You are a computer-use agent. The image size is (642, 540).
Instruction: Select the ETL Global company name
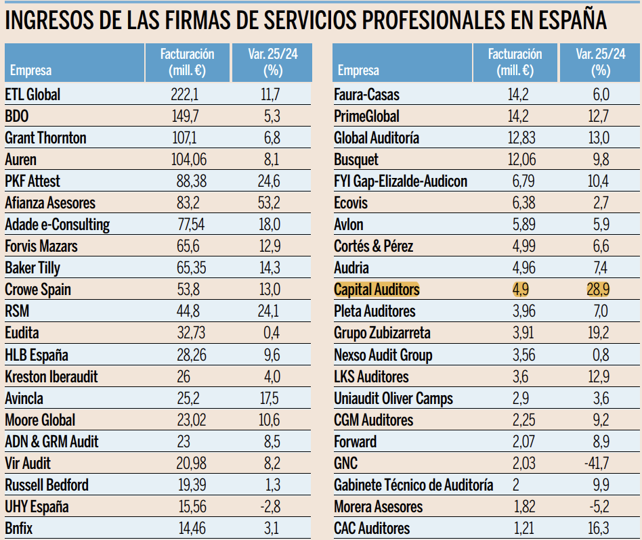[33, 95]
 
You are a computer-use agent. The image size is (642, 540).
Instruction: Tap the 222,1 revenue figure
[184, 95]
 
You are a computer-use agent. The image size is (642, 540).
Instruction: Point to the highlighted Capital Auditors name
[377, 290]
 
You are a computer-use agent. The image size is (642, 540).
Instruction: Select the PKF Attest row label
[33, 181]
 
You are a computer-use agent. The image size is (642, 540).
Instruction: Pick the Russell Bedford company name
[47, 485]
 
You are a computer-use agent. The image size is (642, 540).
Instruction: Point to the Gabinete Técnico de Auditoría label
[414, 485]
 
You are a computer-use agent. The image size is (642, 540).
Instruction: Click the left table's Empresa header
[30, 70]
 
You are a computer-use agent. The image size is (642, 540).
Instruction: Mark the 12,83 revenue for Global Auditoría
[520, 138]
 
